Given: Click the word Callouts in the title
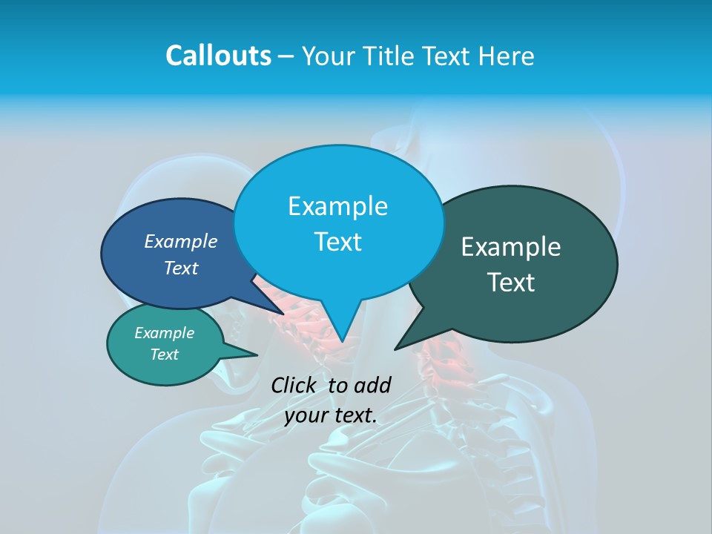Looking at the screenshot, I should click(x=218, y=56).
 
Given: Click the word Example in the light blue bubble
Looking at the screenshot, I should click(x=337, y=206).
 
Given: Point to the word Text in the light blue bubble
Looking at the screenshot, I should click(x=337, y=242).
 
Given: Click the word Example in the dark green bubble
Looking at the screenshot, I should click(x=510, y=247).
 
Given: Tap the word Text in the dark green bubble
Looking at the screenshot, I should click(x=512, y=283).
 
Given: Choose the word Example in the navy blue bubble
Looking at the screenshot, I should click(x=181, y=241).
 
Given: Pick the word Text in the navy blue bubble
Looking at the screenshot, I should click(x=181, y=268).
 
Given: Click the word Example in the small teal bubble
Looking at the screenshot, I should click(x=164, y=333).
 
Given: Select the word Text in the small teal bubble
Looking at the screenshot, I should click(x=164, y=355).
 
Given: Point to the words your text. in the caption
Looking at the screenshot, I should click(x=331, y=415).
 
